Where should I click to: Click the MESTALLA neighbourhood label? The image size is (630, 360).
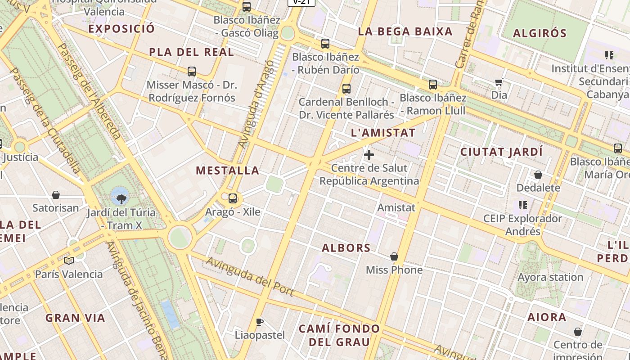click(x=228, y=171)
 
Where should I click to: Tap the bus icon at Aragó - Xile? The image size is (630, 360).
click(x=233, y=198)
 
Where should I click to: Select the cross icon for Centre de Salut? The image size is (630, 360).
click(x=369, y=155)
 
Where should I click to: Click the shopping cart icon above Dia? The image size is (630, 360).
click(x=499, y=82)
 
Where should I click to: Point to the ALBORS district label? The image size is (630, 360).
click(x=346, y=248)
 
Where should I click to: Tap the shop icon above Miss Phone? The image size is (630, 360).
click(x=394, y=256)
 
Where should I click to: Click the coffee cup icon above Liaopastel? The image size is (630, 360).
click(x=259, y=322)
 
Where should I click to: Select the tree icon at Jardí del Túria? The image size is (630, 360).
click(x=121, y=198)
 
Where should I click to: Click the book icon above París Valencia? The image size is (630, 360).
click(x=69, y=261)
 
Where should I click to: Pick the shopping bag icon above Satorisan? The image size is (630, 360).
click(x=56, y=195)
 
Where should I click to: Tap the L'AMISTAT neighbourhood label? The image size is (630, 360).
click(x=383, y=133)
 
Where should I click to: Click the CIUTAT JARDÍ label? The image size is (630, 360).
click(x=501, y=152)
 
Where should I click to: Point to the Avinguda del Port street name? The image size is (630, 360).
click(x=250, y=276)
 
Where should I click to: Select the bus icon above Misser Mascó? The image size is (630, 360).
click(x=192, y=72)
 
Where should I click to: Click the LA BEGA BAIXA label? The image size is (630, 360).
click(x=405, y=31)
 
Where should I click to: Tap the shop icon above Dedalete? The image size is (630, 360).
click(x=538, y=175)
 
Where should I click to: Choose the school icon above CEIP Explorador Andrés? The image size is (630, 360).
click(x=522, y=205)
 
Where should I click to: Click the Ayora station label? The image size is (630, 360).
click(x=550, y=277)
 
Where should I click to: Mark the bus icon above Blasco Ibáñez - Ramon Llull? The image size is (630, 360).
click(x=433, y=84)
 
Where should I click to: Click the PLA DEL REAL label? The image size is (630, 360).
click(x=191, y=52)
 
